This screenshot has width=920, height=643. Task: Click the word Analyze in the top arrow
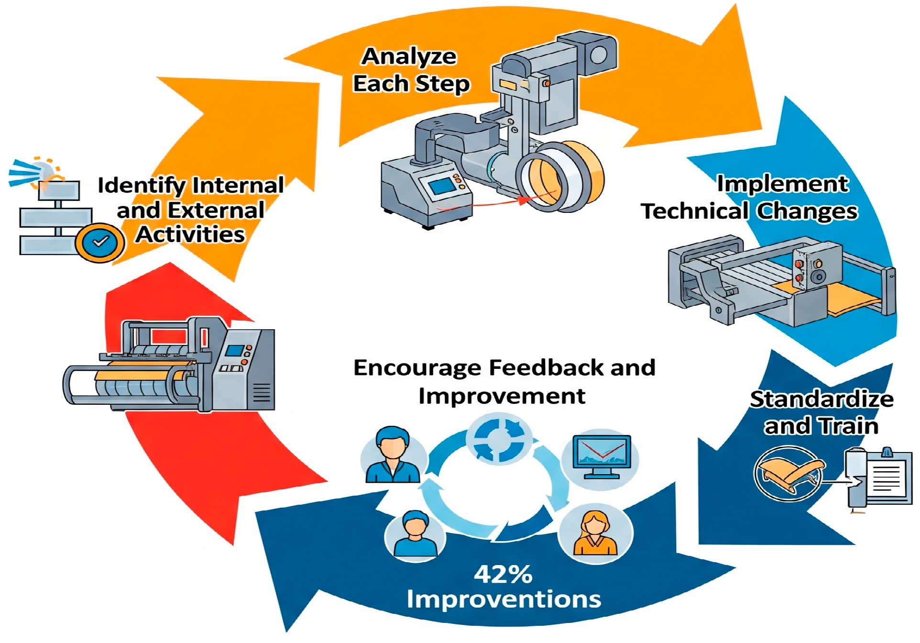[409, 56]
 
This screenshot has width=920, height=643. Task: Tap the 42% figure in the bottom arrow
[503, 574]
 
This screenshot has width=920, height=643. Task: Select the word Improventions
[504, 599]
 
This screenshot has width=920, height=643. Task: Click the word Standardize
[821, 399]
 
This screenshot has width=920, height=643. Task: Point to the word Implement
[783, 184]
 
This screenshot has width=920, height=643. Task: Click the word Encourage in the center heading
[417, 368]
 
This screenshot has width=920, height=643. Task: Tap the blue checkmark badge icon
[100, 243]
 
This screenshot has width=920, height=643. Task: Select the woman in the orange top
[595, 534]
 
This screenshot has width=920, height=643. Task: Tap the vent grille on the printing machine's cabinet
[262, 393]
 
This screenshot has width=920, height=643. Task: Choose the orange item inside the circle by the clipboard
[789, 471]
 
